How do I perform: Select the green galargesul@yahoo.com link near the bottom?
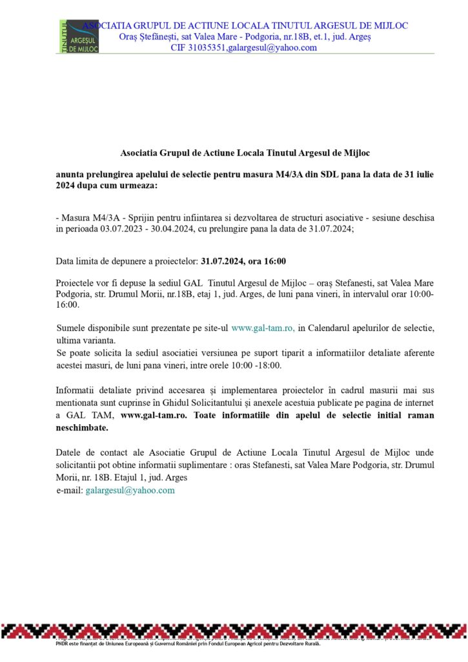130,490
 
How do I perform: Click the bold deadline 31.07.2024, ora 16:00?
243,261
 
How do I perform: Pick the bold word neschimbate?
81,427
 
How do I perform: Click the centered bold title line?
245,153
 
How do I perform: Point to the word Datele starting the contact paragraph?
69,452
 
